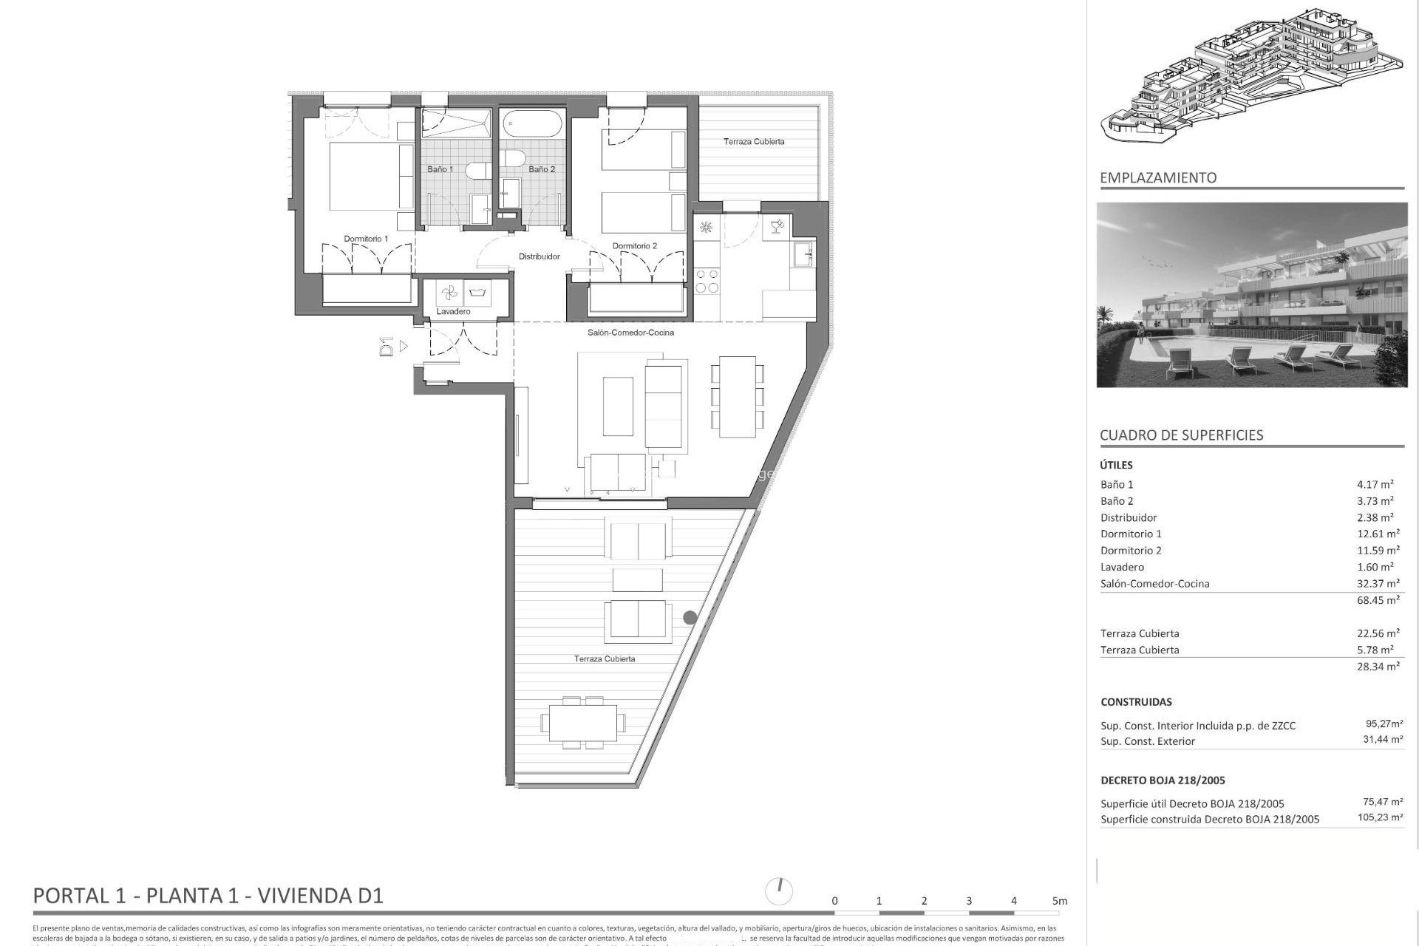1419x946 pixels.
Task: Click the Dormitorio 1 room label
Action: tap(366, 239)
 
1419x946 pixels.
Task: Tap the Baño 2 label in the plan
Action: tap(542, 169)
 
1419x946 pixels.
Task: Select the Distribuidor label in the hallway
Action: tap(539, 256)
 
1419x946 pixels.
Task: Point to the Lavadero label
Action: tap(453, 311)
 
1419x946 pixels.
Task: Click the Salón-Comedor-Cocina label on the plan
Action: tap(630, 333)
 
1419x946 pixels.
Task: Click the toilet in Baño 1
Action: tap(475, 170)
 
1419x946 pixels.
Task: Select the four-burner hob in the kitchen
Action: tap(707, 281)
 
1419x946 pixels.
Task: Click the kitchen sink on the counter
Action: tap(803, 255)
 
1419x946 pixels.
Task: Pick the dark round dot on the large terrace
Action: tap(690, 617)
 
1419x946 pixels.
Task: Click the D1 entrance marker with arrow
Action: tap(392, 346)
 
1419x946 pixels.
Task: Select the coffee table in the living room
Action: tap(618, 406)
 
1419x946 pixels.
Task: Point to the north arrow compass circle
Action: tap(780, 891)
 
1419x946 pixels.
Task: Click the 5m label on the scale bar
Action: tap(1060, 901)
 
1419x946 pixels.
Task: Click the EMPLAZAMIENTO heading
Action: tap(1158, 177)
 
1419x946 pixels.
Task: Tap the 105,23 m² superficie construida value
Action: tap(1379, 817)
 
